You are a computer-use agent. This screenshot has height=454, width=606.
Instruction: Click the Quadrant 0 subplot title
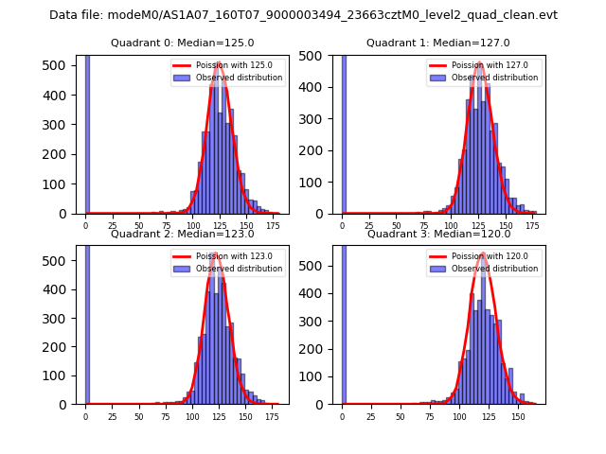(182, 43)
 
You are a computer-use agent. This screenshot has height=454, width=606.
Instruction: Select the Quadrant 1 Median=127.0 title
(437, 43)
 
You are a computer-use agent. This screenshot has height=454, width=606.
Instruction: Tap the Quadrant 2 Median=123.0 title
(182, 234)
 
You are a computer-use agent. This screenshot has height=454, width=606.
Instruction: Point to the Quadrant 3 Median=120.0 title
(437, 234)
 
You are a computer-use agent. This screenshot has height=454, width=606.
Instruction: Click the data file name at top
(303, 15)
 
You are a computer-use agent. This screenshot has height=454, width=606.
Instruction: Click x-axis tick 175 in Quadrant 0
(273, 226)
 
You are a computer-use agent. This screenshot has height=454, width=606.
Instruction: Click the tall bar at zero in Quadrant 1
(344, 132)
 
